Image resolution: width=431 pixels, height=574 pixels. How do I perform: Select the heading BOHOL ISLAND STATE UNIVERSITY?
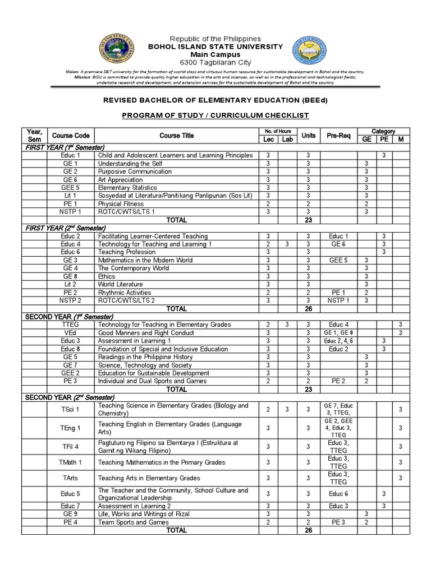[215, 47]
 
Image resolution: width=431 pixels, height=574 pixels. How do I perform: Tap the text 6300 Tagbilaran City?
[215, 62]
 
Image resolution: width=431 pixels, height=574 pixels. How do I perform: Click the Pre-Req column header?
[338, 136]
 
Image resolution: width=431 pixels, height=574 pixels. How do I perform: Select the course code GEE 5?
[71, 188]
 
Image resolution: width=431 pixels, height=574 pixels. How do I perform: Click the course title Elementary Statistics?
[127, 188]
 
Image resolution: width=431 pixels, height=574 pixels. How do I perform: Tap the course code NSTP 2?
[71, 301]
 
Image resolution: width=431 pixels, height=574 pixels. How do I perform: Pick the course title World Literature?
[120, 285]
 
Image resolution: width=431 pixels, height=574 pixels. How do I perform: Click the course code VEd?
[71, 333]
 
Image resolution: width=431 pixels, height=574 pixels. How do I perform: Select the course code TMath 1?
[71, 462]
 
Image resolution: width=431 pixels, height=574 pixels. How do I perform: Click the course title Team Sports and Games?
[133, 522]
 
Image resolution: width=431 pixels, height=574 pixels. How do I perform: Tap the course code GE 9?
[71, 514]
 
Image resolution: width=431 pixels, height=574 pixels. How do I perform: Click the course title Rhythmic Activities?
[125, 293]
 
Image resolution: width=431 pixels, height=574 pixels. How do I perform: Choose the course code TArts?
[71, 478]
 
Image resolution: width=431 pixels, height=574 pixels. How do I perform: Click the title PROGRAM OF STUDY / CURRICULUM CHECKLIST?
[215, 115]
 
